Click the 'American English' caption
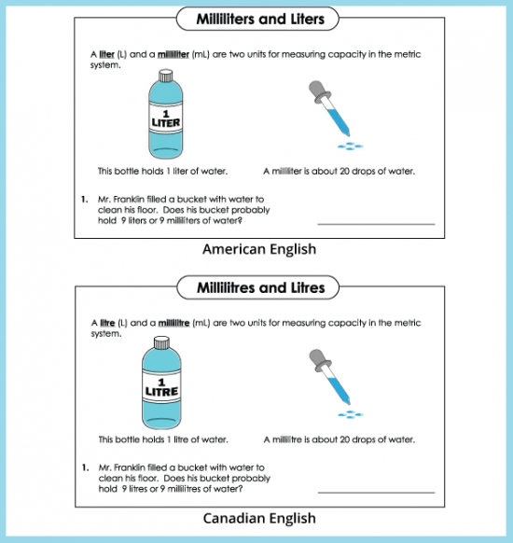point(259,249)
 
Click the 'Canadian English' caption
point(259,518)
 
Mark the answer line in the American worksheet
point(376,224)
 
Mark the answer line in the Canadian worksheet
point(376,493)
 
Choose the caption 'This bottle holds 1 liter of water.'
point(163,171)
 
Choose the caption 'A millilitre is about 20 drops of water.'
point(340,439)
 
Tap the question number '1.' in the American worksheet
point(84,199)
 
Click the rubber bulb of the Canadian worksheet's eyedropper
point(315,358)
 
